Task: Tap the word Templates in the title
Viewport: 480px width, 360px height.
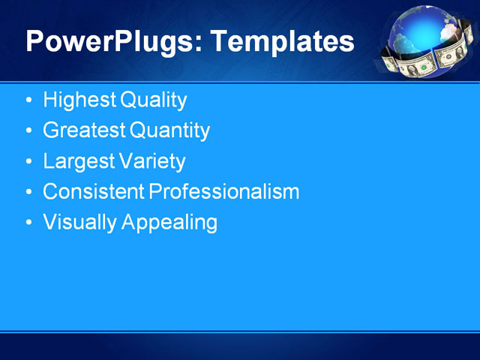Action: click(x=283, y=41)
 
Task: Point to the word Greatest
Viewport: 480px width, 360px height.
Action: click(x=84, y=130)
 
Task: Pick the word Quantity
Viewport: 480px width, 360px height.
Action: click(x=170, y=130)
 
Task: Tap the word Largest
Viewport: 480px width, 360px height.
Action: click(x=78, y=161)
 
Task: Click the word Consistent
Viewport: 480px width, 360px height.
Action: click(x=94, y=192)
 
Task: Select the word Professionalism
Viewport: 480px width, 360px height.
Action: click(x=224, y=192)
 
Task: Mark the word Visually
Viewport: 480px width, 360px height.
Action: click(x=79, y=223)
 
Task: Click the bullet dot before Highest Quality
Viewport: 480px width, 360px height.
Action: click(x=28, y=100)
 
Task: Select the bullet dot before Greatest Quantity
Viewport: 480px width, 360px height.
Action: click(x=28, y=131)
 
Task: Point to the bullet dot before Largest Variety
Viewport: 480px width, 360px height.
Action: click(x=28, y=162)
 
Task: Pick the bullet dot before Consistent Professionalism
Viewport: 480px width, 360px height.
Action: click(x=28, y=193)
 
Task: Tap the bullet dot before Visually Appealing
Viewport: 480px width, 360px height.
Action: click(x=28, y=223)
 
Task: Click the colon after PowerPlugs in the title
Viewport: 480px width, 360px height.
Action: click(x=200, y=45)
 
